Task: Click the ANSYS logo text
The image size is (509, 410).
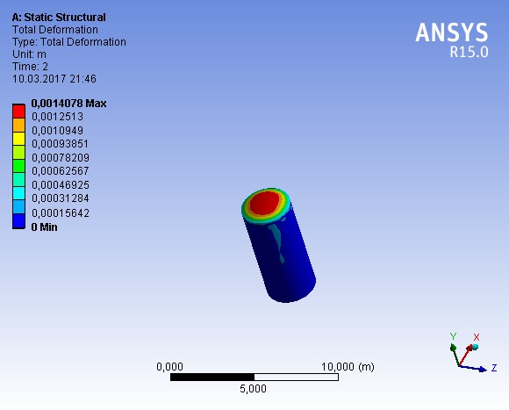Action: pyautogui.click(x=452, y=32)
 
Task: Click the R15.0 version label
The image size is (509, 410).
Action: pyautogui.click(x=469, y=52)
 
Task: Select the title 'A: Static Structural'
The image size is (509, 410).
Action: pyautogui.click(x=59, y=18)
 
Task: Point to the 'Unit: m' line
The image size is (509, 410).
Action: pyautogui.click(x=29, y=54)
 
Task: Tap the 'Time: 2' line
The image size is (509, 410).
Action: pyautogui.click(x=30, y=67)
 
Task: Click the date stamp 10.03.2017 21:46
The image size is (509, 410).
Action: pyautogui.click(x=54, y=79)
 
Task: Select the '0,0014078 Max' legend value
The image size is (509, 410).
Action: pyautogui.click(x=68, y=104)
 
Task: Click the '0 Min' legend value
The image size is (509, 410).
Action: pyautogui.click(x=44, y=227)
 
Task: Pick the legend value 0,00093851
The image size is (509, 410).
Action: pyautogui.click(x=60, y=144)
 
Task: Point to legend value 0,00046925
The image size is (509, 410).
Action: pyautogui.click(x=61, y=185)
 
